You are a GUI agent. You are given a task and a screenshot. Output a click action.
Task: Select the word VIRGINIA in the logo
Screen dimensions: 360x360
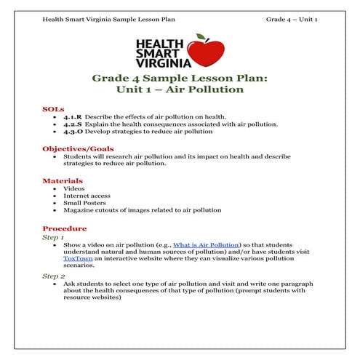pyautogui.click(x=160, y=63)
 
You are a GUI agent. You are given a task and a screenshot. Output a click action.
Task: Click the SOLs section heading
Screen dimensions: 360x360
pyautogui.click(x=53, y=108)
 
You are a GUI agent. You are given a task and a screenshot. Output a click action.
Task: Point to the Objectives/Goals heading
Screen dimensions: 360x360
pyautogui.click(x=78, y=148)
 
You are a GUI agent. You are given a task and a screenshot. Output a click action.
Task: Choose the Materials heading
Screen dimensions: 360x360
pyautogui.click(x=63, y=180)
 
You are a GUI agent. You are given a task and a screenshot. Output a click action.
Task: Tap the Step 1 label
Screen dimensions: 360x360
pyautogui.click(x=53, y=237)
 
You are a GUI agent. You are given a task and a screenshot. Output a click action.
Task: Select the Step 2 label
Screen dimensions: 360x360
pyautogui.click(x=53, y=276)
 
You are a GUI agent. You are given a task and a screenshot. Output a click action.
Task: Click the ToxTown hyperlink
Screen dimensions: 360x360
pyautogui.click(x=78, y=257)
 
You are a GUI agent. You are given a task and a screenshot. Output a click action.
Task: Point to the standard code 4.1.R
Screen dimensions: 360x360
pyautogui.click(x=73, y=116)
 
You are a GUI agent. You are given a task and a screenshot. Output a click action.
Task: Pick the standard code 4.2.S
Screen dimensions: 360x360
pyautogui.click(x=73, y=124)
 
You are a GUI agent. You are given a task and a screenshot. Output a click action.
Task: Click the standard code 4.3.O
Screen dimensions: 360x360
pyautogui.click(x=73, y=132)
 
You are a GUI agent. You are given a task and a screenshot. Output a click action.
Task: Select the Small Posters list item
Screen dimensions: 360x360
pyautogui.click(x=84, y=203)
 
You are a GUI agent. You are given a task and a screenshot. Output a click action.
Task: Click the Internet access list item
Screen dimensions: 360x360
pyautogui.click(x=86, y=196)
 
